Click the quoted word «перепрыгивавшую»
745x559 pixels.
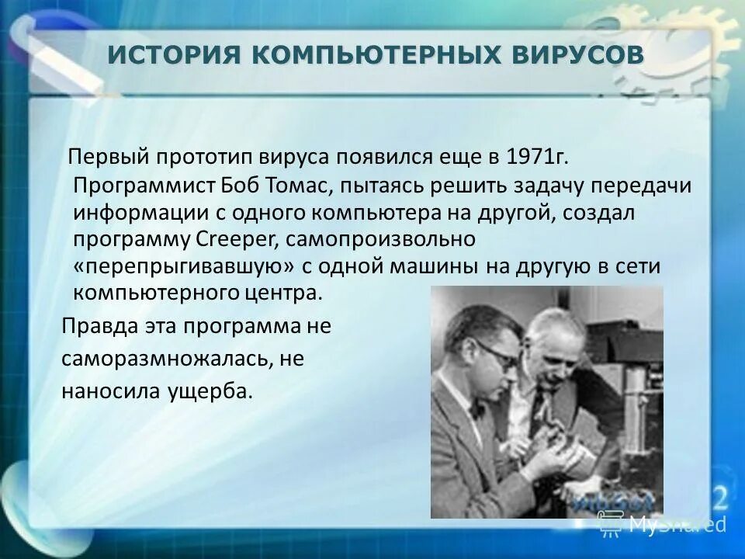pos(185,267)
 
